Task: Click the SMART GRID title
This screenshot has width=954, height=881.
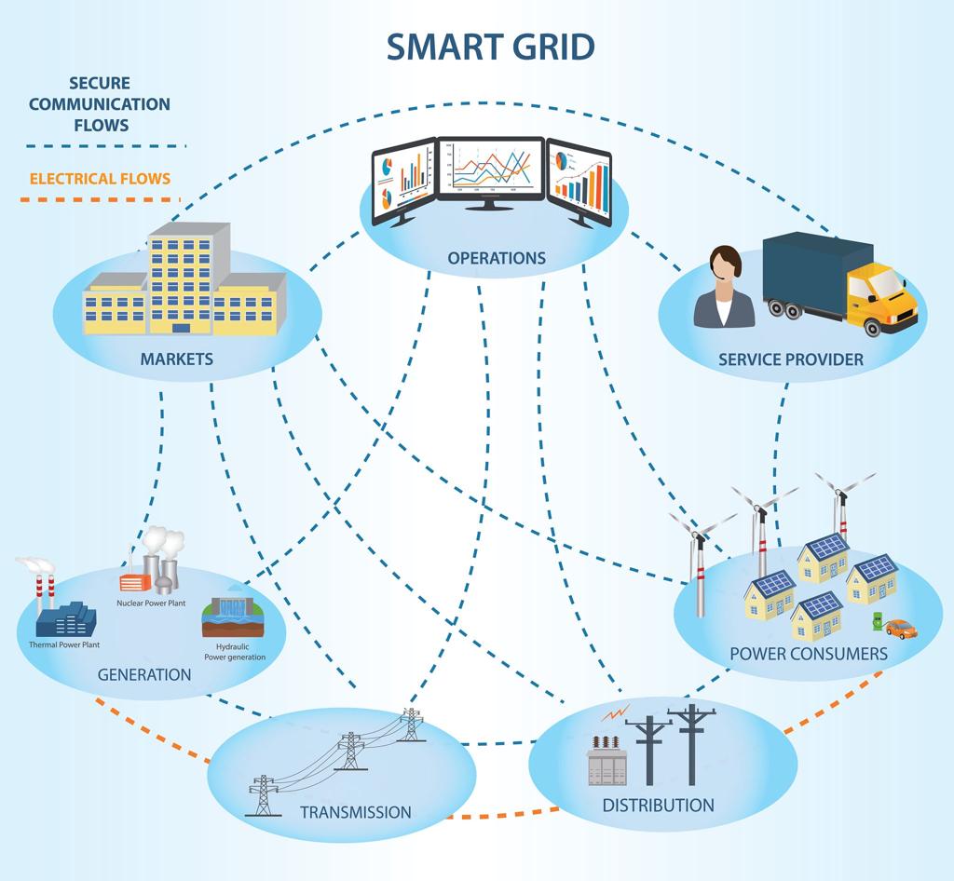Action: pyautogui.click(x=490, y=46)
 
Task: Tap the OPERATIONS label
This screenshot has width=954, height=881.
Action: pyautogui.click(x=497, y=258)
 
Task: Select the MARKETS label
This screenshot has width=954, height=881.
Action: pyautogui.click(x=176, y=359)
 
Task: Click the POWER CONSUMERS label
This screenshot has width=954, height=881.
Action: pyautogui.click(x=808, y=654)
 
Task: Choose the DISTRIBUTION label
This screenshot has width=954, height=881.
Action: pyautogui.click(x=658, y=805)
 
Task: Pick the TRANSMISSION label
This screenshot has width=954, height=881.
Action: pyautogui.click(x=355, y=812)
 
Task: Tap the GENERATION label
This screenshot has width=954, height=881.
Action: pyautogui.click(x=144, y=674)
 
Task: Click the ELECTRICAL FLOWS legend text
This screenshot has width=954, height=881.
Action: pyautogui.click(x=100, y=178)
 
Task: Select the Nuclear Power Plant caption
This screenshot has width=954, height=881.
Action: pyautogui.click(x=151, y=603)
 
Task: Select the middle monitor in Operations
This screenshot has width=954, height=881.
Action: pyautogui.click(x=491, y=169)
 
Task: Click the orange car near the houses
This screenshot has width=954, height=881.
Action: pyautogui.click(x=901, y=630)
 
